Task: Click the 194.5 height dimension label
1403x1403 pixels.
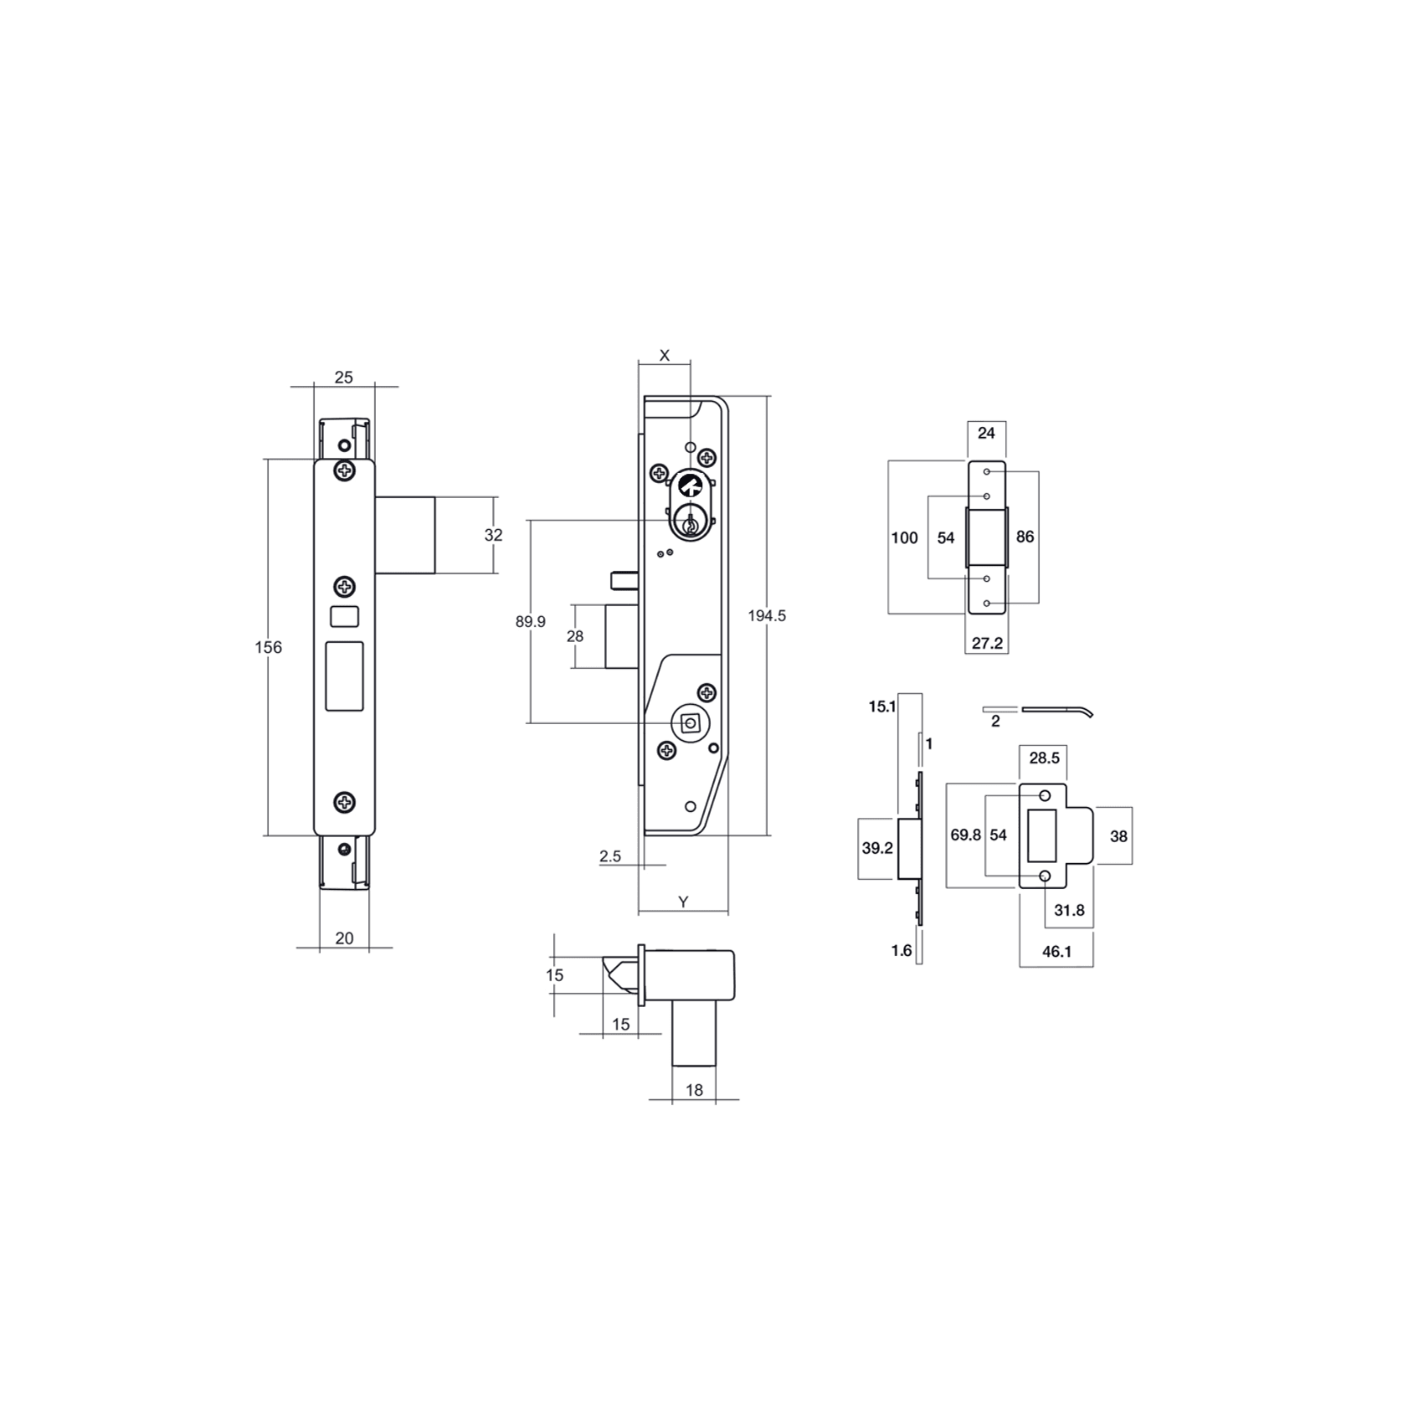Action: [x=767, y=616]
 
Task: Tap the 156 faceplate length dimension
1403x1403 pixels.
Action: [x=269, y=647]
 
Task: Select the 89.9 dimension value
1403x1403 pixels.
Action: [x=531, y=622]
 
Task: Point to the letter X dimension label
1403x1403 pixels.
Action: [x=665, y=356]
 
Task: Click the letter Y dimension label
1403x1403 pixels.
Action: [x=683, y=902]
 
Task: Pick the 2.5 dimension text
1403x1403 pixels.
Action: [x=610, y=856]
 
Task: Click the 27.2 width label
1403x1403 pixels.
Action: [x=987, y=643]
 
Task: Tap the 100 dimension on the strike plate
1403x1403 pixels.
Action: [x=904, y=537]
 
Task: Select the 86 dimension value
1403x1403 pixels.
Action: [x=1025, y=537]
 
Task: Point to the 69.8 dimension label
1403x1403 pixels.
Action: [x=965, y=835]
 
